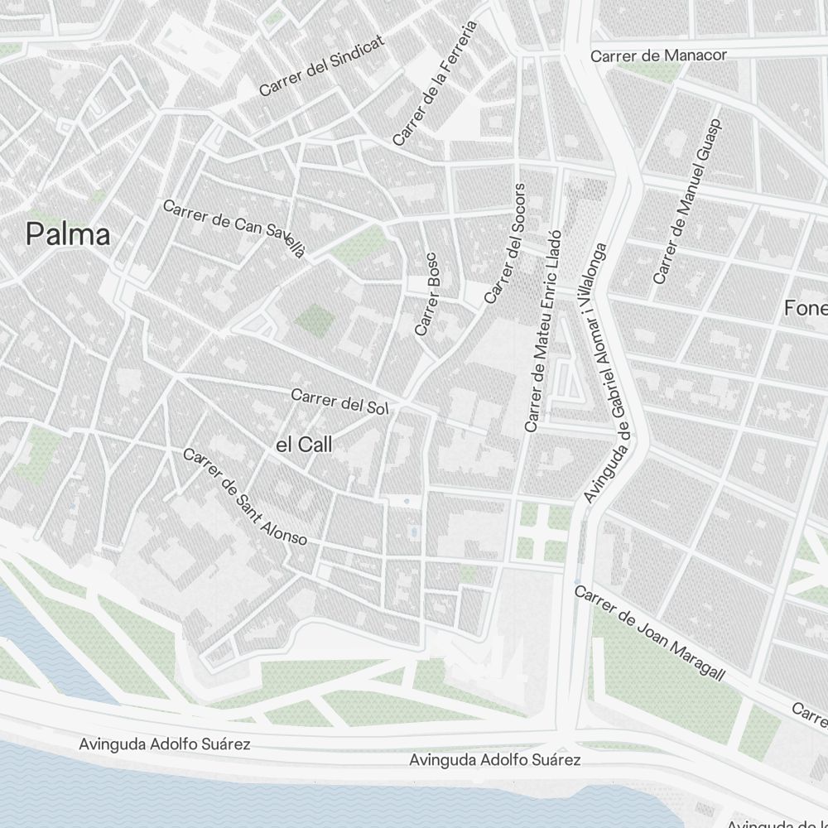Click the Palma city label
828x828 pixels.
click(68, 234)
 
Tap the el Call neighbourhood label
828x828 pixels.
click(304, 445)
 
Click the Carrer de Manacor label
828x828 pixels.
click(658, 55)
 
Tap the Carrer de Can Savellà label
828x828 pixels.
click(235, 229)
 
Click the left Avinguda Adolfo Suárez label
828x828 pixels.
click(165, 744)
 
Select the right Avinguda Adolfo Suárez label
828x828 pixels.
click(496, 759)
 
